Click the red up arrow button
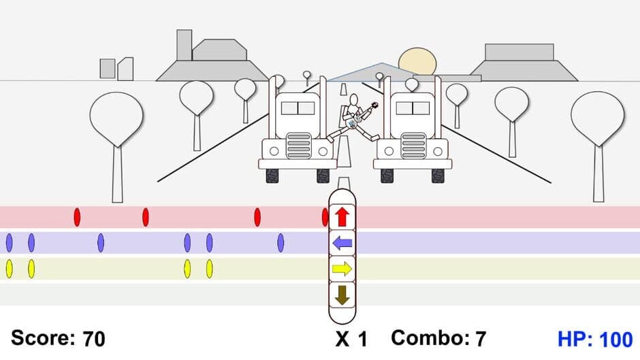[342, 217]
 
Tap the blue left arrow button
[342, 242]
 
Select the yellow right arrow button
[342, 269]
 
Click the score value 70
[94, 338]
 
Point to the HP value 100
[615, 338]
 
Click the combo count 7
[481, 338]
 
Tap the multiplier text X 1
[351, 338]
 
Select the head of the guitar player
[353, 100]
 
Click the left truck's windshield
[298, 108]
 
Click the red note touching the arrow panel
[325, 217]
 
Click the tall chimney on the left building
[184, 45]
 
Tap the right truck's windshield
[413, 108]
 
